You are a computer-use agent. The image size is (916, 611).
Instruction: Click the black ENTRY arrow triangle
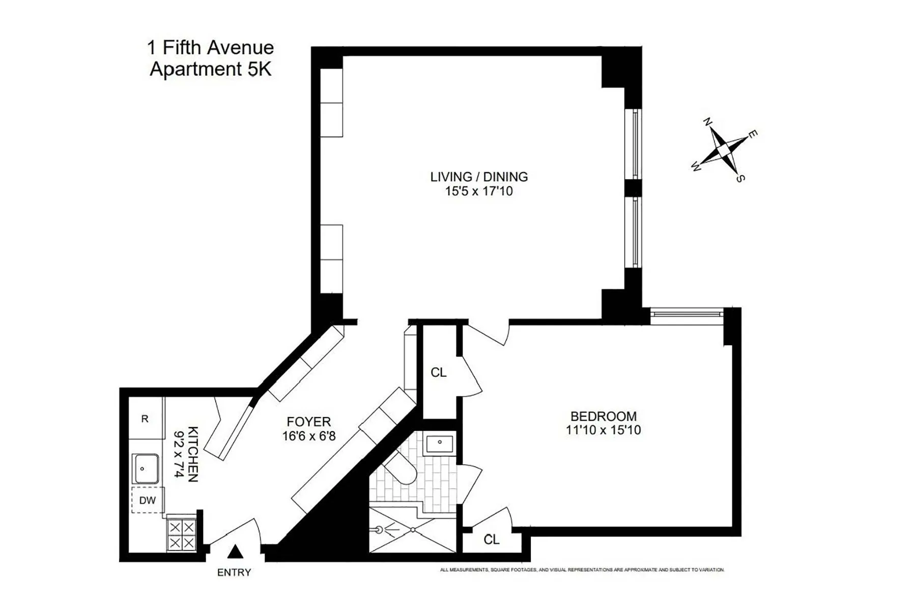[x=235, y=551]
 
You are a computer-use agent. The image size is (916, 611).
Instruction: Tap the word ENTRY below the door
[x=234, y=573]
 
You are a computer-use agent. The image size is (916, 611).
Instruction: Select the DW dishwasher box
[x=148, y=500]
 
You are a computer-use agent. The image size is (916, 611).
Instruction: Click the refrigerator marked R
[x=145, y=419]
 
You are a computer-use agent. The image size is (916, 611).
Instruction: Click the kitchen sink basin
[x=146, y=468]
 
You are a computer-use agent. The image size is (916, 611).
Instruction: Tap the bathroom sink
[x=440, y=443]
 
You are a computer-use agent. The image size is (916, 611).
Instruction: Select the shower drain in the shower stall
[x=413, y=530]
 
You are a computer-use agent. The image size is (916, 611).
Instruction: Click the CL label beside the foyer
[x=439, y=373]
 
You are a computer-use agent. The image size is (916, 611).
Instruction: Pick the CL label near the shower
[x=492, y=540]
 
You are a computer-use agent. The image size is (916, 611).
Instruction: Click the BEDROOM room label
[x=603, y=416]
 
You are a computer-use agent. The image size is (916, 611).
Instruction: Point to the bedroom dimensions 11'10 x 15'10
[x=603, y=430]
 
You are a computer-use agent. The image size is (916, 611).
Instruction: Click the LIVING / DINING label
[x=479, y=177]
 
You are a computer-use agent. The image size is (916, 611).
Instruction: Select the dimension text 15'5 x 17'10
[x=479, y=191]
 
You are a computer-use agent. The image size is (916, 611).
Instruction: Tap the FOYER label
[x=309, y=422]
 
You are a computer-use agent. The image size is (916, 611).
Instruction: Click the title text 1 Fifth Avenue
[x=210, y=48]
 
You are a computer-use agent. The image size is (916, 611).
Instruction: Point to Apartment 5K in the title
[x=210, y=69]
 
